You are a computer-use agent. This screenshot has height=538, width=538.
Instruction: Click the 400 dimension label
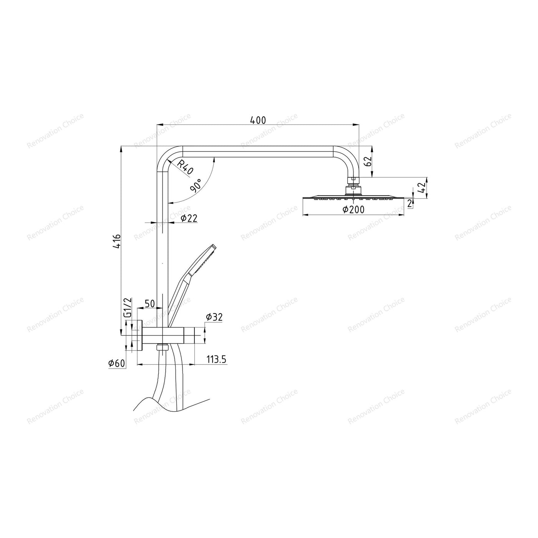click(258, 120)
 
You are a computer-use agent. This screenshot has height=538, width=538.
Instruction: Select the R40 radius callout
click(185, 167)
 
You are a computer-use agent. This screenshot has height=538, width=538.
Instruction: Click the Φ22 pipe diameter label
click(189, 218)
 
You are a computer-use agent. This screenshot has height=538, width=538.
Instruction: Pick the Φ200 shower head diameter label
click(354, 209)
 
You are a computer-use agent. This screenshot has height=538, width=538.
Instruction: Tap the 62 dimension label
click(369, 161)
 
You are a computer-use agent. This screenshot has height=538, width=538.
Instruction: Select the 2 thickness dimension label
click(410, 204)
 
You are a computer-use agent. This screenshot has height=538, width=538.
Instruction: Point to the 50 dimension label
click(150, 304)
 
